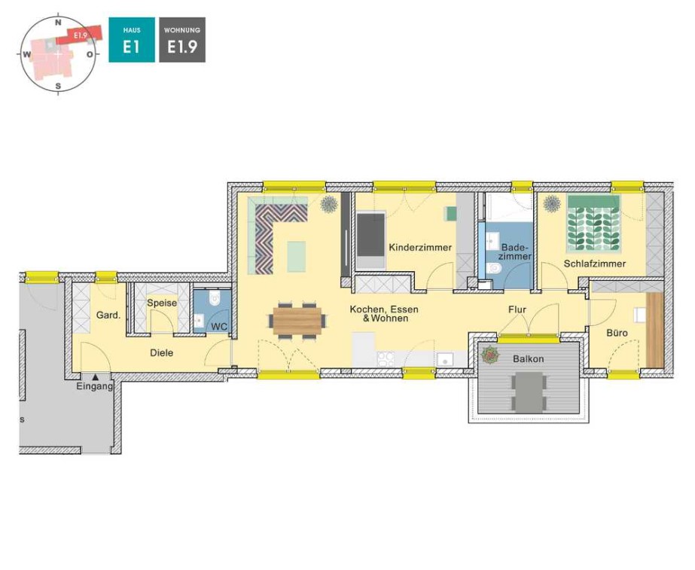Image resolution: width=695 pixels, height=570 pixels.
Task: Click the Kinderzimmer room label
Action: (419, 247)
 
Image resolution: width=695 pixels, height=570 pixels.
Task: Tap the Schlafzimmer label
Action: (594, 264)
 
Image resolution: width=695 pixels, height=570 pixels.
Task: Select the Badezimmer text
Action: (515, 251)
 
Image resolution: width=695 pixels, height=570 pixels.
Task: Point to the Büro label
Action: (617, 333)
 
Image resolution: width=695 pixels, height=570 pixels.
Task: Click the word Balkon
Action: (528, 358)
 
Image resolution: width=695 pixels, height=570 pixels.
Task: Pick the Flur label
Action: (517, 309)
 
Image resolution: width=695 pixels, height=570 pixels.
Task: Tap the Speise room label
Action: (162, 303)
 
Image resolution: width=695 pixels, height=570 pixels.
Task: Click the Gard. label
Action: (108, 315)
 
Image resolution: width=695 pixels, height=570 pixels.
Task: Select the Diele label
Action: (161, 353)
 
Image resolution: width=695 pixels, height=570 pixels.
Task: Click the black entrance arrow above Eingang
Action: (96, 377)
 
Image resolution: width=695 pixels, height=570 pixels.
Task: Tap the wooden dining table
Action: (297, 321)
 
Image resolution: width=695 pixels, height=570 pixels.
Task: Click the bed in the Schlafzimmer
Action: (593, 224)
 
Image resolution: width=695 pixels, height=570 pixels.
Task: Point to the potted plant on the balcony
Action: (490, 355)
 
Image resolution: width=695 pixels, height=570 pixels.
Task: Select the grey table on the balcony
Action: (528, 392)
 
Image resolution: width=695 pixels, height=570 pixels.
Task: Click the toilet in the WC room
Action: (215, 298)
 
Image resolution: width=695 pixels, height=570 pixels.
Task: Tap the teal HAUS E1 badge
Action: (132, 40)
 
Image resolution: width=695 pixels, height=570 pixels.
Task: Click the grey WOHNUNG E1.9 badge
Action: (182, 40)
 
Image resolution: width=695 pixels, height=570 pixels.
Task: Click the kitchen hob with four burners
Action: (386, 359)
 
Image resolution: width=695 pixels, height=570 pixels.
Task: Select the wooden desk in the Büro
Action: (655, 331)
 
